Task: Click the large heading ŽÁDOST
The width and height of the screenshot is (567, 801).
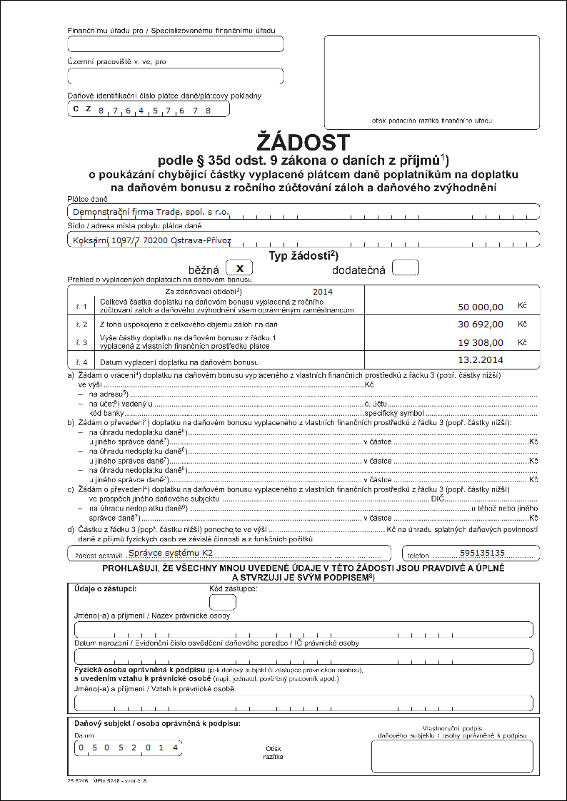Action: [303, 141]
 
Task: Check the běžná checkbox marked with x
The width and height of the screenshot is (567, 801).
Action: [239, 267]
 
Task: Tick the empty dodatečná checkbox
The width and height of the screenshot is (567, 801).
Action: [406, 267]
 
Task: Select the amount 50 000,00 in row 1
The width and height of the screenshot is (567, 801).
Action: [481, 307]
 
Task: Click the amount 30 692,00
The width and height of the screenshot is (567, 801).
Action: [481, 324]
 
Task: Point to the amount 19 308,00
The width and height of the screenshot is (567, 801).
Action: [481, 342]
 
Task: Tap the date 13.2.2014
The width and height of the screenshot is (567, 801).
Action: [481, 359]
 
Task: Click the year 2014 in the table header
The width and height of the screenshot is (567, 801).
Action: [323, 291]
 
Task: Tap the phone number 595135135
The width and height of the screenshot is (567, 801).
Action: [483, 553]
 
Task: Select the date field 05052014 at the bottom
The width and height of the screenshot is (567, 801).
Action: [129, 748]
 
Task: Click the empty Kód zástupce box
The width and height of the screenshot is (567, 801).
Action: [222, 602]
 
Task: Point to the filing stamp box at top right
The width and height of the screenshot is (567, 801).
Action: [431, 82]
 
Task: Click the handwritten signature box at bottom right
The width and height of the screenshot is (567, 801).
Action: [451, 756]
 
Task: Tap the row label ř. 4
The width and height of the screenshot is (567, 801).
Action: [81, 362]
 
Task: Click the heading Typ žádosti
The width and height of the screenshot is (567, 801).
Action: [303, 255]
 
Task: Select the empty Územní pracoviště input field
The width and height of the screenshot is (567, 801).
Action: [175, 76]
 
